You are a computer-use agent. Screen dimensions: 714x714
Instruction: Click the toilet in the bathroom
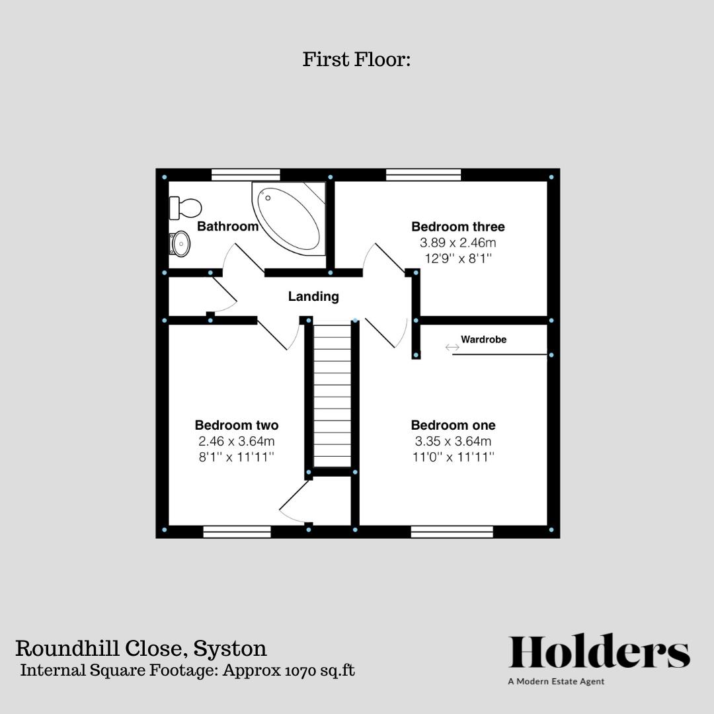(x=186, y=208)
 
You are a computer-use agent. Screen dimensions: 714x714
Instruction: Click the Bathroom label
(x=228, y=227)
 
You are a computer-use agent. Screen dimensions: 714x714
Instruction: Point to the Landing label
(x=313, y=297)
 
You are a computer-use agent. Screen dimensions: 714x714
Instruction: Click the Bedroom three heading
(x=458, y=227)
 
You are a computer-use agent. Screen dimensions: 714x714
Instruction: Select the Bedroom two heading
(x=237, y=425)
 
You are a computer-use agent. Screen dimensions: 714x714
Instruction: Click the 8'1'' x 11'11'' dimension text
(x=237, y=457)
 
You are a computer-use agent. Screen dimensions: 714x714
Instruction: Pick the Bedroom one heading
(x=453, y=425)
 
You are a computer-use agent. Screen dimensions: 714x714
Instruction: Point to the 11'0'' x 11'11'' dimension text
(x=453, y=457)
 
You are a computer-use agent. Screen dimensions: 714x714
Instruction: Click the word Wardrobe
(x=484, y=340)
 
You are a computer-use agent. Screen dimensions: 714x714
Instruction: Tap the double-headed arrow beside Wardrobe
(x=452, y=347)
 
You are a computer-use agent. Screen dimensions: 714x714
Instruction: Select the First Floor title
(x=357, y=59)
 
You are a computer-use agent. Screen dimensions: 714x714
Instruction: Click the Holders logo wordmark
(x=599, y=653)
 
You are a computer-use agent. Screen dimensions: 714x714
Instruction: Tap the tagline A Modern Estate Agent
(x=556, y=682)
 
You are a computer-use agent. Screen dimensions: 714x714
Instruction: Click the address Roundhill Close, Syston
(x=141, y=648)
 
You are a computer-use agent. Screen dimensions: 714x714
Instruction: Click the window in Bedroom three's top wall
(x=423, y=175)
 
